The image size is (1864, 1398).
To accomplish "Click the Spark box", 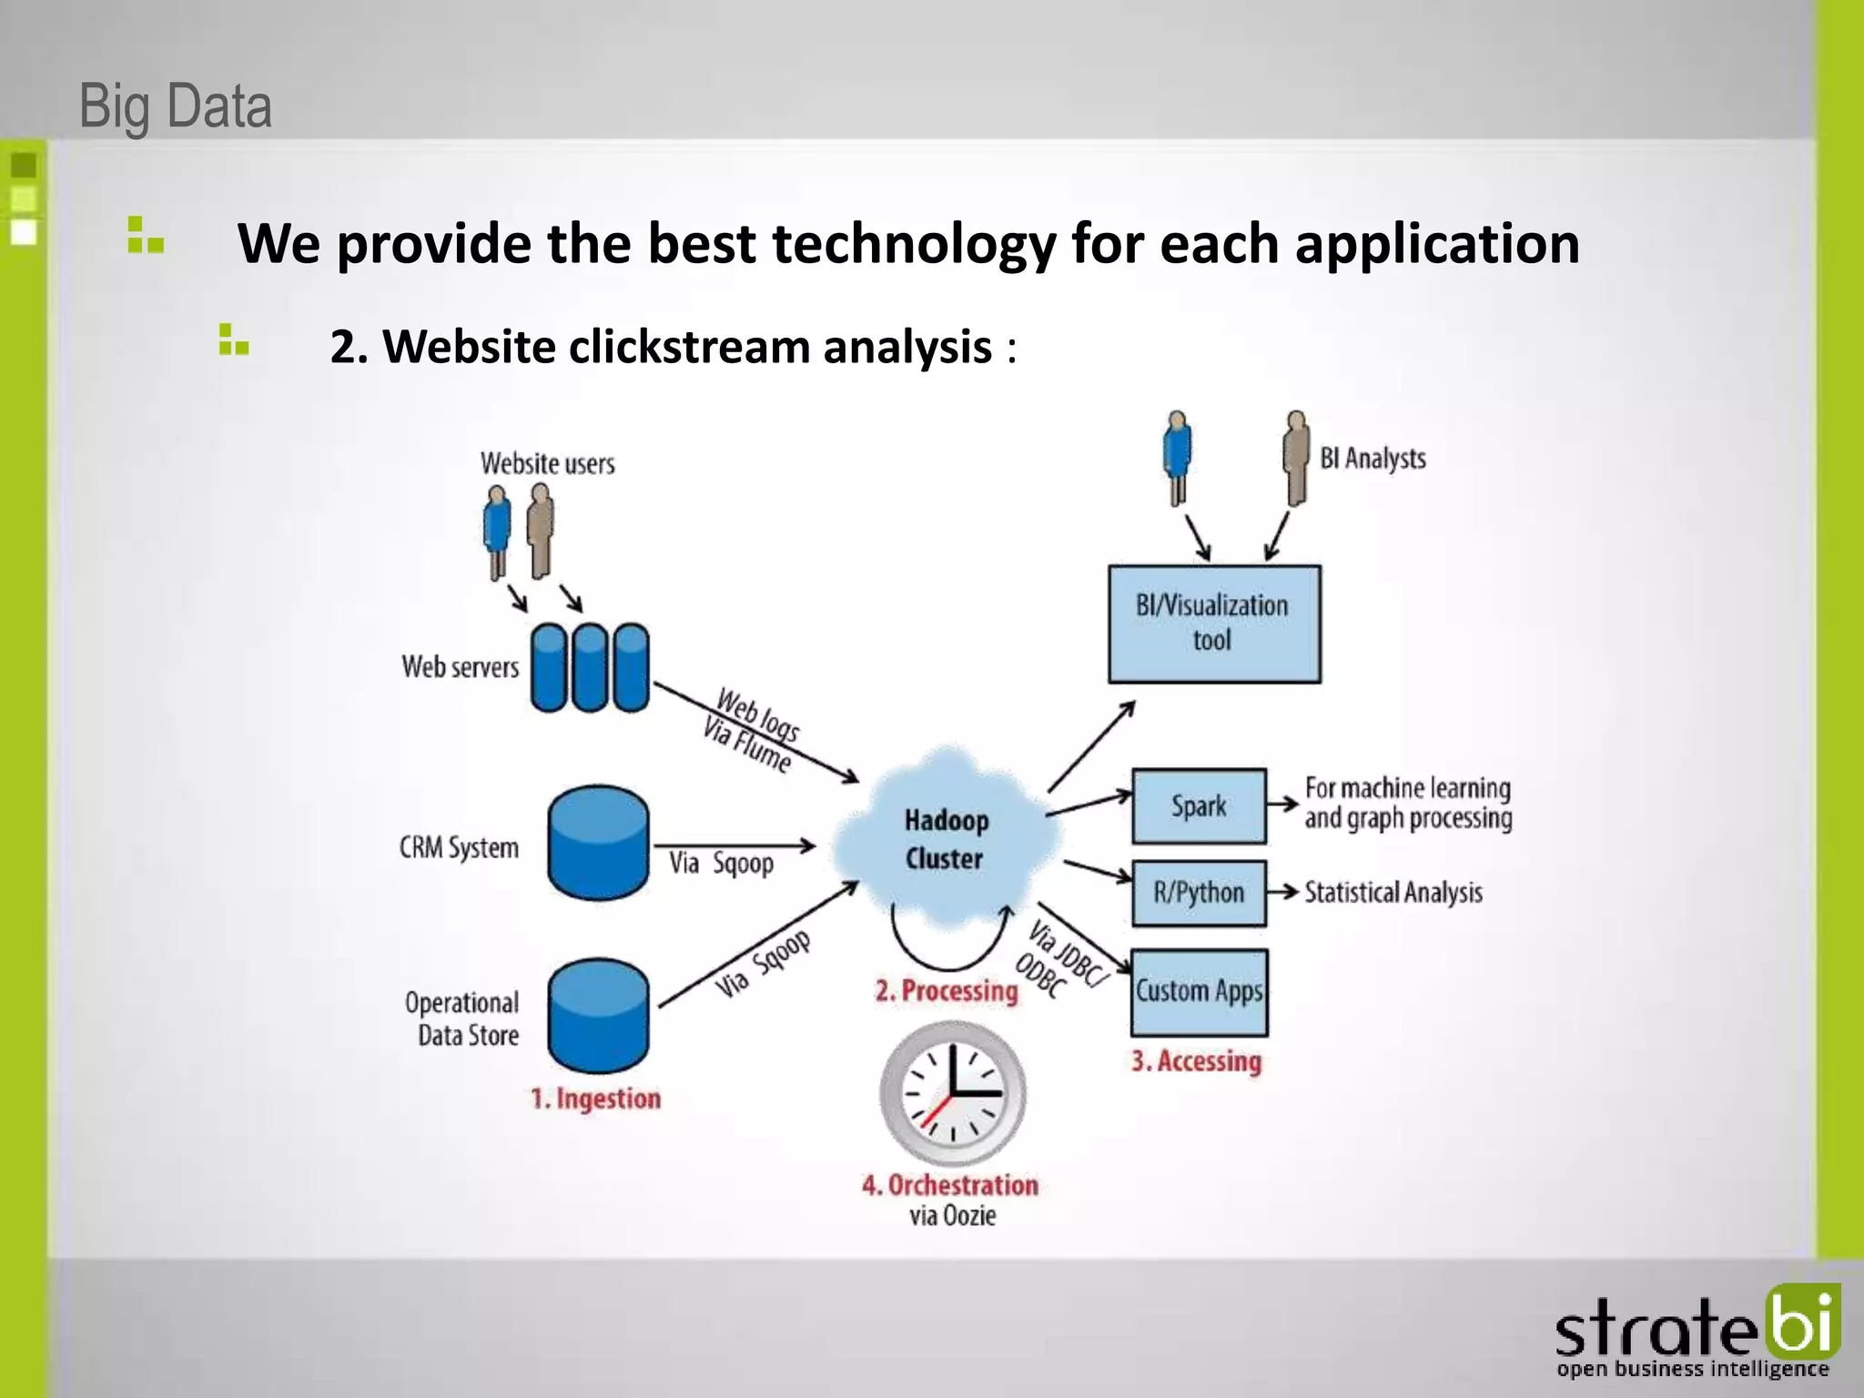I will (1199, 806).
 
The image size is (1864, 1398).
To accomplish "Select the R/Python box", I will (1199, 893).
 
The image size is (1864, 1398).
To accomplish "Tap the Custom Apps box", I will (1199, 992).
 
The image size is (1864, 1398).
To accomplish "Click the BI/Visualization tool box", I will (1213, 623).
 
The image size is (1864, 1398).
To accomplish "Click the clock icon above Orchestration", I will (952, 1091).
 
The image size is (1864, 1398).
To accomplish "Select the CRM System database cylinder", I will (598, 843).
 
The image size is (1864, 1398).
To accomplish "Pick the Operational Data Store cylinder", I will (598, 1015).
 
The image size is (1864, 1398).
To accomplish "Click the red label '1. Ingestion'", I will (596, 1099).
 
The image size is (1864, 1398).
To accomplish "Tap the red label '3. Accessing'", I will (1196, 1061).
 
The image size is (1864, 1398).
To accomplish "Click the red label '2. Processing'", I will (947, 990).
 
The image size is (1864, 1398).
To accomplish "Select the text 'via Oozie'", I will (952, 1216).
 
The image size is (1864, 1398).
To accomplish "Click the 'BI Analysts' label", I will (1373, 458).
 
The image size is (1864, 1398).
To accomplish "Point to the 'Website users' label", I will (547, 463).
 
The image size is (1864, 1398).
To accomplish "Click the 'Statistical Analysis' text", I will (1393, 893).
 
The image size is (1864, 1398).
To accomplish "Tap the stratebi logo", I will (1697, 1333).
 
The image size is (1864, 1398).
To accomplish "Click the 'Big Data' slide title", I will (176, 106).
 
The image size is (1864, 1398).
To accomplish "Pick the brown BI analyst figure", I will (1296, 459).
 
